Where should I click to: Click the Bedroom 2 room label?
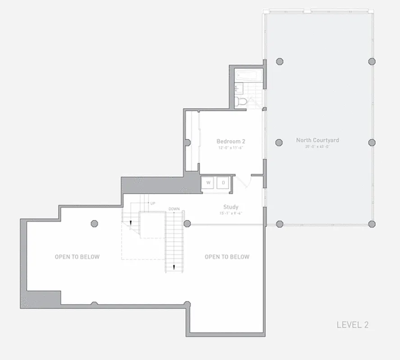[x=231, y=141]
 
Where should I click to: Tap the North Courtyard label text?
[x=317, y=140]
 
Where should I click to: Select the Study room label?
[x=231, y=207]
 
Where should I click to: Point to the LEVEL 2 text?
[x=352, y=324]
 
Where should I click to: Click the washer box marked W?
[x=208, y=183]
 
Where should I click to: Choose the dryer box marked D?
[x=223, y=183]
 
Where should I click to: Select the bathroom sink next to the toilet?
[x=238, y=88]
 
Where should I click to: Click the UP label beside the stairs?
[x=153, y=203]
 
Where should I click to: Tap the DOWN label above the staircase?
[x=174, y=209]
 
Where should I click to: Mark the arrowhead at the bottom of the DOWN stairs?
[x=174, y=268]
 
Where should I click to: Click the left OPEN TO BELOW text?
[x=77, y=257]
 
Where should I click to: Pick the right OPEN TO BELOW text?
[x=227, y=257]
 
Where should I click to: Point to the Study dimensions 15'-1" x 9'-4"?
[x=231, y=213]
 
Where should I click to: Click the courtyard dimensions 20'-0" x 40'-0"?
[x=317, y=146]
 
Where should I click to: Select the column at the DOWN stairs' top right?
[x=187, y=224]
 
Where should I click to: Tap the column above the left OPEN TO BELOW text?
[x=94, y=223]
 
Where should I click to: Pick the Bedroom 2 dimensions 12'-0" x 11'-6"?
[x=231, y=147]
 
